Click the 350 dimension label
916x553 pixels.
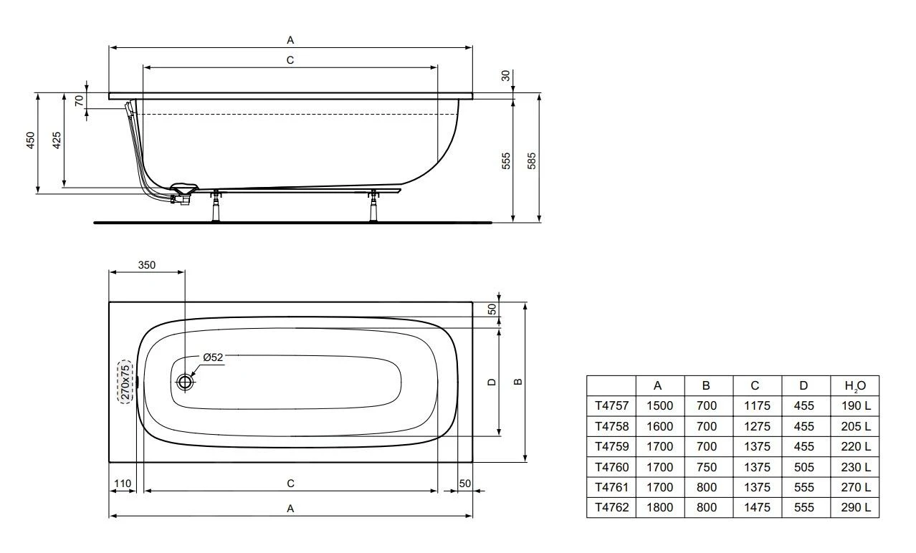[146, 264]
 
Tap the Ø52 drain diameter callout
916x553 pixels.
[213, 357]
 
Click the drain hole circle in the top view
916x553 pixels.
[186, 382]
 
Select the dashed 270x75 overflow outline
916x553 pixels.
[125, 382]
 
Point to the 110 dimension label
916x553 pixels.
[123, 484]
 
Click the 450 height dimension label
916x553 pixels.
[30, 140]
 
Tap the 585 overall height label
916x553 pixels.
[531, 160]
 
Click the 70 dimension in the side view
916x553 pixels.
[80, 100]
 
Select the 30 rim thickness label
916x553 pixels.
[506, 75]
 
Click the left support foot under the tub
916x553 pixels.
[215, 207]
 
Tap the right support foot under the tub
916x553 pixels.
[373, 207]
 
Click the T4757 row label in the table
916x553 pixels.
[611, 405]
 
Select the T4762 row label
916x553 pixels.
[611, 507]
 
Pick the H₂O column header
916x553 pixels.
[854, 385]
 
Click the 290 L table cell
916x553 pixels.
[854, 507]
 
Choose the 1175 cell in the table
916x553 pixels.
[758, 405]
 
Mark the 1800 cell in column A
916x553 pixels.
[659, 507]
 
